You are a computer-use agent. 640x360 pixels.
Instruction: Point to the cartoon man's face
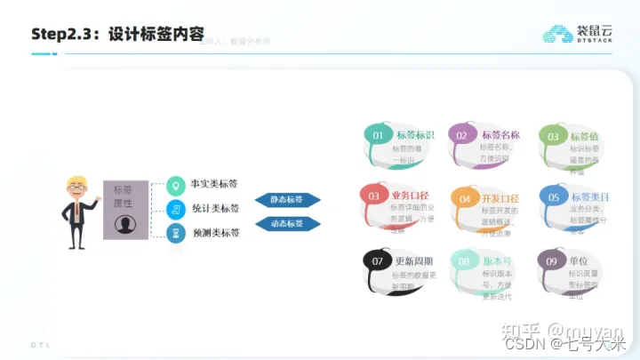point(77,188)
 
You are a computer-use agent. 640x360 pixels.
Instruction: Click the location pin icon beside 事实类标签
point(177,186)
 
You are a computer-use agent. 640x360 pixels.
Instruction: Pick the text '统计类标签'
point(215,209)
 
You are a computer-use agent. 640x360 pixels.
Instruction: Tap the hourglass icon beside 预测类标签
point(177,233)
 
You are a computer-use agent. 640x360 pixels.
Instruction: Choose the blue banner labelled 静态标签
point(287,200)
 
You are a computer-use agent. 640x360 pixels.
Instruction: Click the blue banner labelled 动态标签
point(287,224)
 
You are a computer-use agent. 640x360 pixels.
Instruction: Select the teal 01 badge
point(378,135)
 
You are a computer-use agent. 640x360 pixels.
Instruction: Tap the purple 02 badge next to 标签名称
point(462,135)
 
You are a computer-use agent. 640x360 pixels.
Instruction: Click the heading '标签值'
point(584,136)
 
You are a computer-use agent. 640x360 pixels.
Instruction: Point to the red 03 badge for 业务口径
point(374,196)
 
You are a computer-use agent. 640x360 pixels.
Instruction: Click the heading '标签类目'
point(590,196)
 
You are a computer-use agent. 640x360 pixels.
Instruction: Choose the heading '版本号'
point(497,261)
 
